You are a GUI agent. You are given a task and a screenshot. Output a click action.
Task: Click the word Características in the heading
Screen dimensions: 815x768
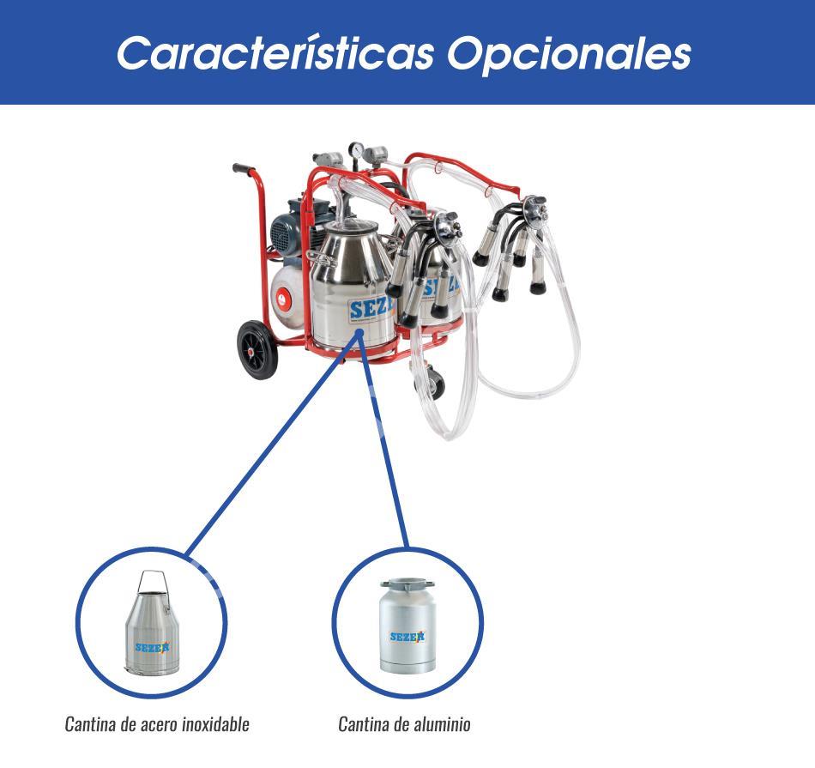click(275, 53)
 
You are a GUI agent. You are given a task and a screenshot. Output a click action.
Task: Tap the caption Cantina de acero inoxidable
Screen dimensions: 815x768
click(157, 723)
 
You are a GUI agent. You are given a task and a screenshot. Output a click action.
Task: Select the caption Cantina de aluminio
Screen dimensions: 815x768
click(404, 723)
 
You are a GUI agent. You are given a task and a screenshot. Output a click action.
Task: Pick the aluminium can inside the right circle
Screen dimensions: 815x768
click(407, 626)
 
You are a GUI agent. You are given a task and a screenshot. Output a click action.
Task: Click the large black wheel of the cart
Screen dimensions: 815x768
click(257, 349)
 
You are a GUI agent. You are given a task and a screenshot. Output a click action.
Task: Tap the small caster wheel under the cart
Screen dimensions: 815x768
click(431, 382)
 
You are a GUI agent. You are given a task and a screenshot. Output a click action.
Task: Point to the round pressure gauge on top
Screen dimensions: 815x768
click(357, 150)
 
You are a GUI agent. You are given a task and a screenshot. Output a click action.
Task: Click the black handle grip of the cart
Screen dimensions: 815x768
click(244, 169)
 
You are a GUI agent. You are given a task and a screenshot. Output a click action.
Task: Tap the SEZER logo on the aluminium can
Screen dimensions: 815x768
click(407, 637)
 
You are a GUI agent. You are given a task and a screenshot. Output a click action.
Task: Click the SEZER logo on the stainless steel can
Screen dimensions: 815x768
click(152, 647)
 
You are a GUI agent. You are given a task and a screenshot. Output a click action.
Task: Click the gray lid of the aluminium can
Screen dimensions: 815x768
click(407, 584)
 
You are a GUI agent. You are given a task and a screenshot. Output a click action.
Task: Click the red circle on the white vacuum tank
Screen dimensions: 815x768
click(281, 299)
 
